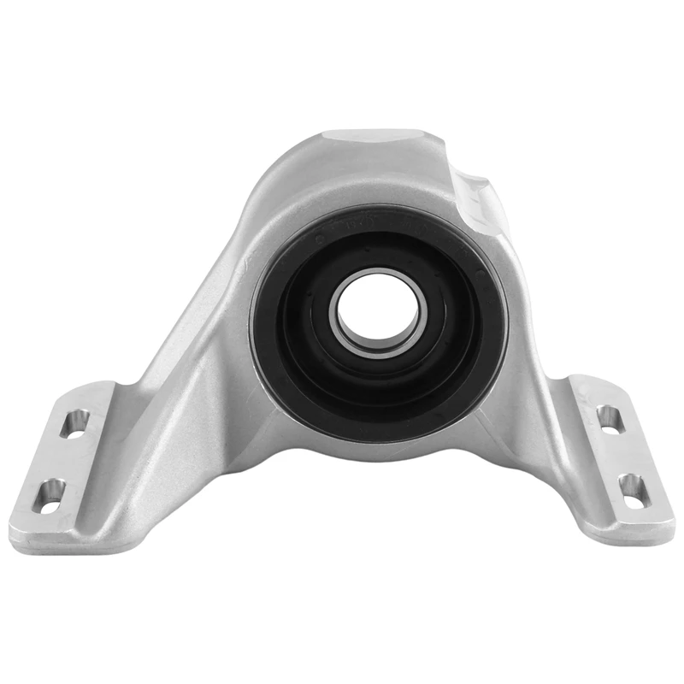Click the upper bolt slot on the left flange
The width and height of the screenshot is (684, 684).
click(74, 423)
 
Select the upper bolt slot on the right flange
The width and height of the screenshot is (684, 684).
click(609, 418)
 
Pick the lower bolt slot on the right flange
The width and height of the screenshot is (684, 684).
click(633, 487)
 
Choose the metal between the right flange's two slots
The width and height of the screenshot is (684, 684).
click(621, 453)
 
